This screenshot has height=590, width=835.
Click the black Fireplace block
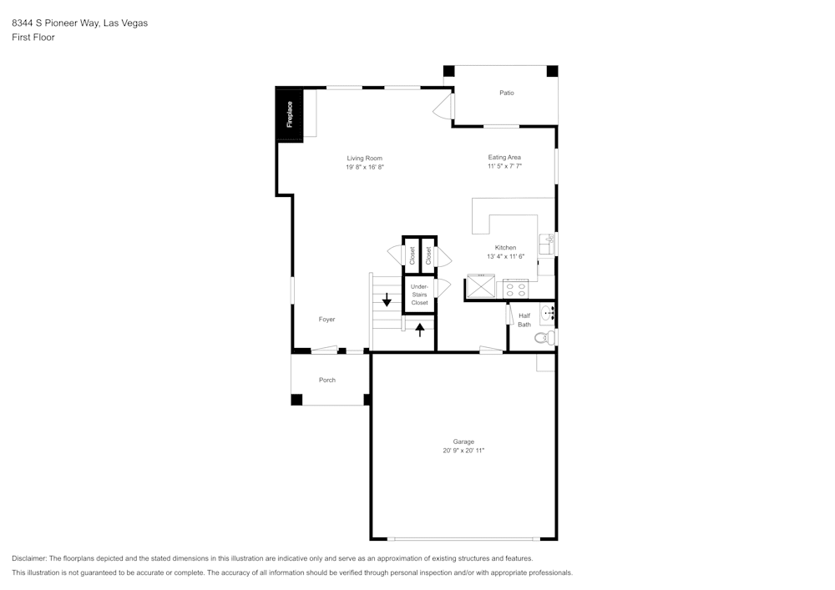290,114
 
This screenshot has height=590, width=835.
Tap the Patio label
507,93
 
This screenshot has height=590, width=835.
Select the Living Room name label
365,158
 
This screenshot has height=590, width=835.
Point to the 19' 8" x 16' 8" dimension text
365,167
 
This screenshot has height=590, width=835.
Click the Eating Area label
505,157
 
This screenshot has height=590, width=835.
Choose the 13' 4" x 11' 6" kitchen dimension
505,256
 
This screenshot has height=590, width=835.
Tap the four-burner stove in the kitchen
515,289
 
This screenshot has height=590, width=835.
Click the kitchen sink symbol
548,244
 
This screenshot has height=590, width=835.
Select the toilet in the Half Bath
544,338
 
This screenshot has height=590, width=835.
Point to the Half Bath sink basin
548,315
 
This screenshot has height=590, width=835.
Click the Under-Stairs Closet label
419,295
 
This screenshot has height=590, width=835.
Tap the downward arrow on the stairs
387,300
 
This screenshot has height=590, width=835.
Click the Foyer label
326,320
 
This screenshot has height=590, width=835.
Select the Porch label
327,380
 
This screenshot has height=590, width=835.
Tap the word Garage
463,441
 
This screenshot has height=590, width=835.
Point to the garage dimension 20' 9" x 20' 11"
463,451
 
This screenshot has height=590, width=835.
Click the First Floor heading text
33,38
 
